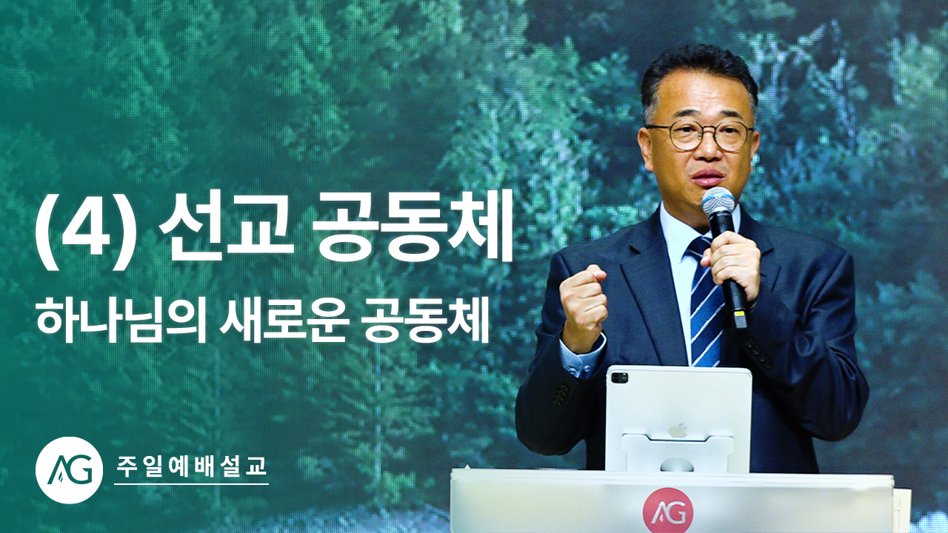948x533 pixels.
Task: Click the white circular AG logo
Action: point(70,470)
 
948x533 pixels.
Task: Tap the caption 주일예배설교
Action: point(191,466)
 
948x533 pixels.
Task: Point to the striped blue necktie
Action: point(706,301)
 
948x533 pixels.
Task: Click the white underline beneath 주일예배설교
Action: point(191,484)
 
